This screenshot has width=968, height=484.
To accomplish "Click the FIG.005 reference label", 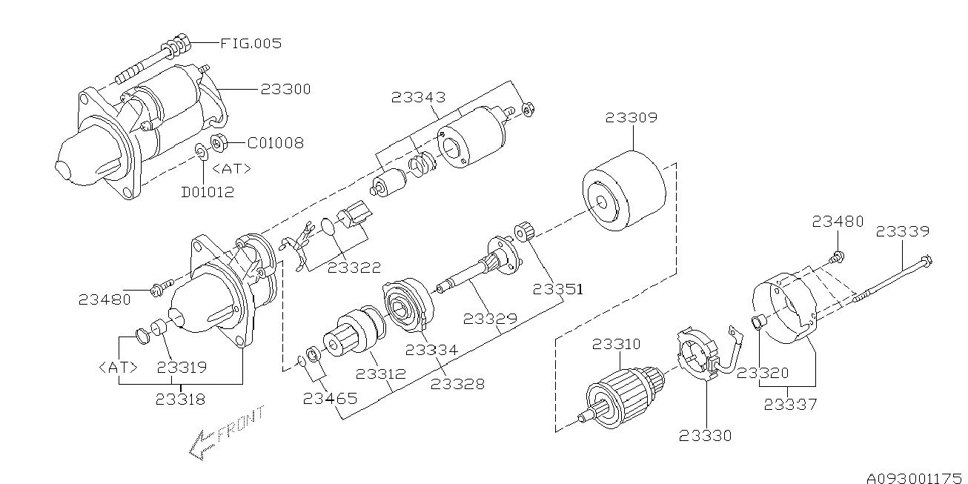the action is [251, 43].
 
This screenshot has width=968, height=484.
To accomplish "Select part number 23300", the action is [285, 89].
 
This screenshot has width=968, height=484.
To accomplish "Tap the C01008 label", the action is [275, 142].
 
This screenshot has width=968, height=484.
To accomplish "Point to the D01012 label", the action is [208, 192].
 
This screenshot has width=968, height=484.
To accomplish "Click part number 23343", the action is [418, 97].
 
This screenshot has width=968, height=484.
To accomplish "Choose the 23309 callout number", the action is [631, 118].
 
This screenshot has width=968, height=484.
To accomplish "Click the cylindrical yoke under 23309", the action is [624, 190].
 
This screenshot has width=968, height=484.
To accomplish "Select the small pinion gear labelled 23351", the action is [524, 231].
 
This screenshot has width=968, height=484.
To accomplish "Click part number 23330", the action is [706, 436].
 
